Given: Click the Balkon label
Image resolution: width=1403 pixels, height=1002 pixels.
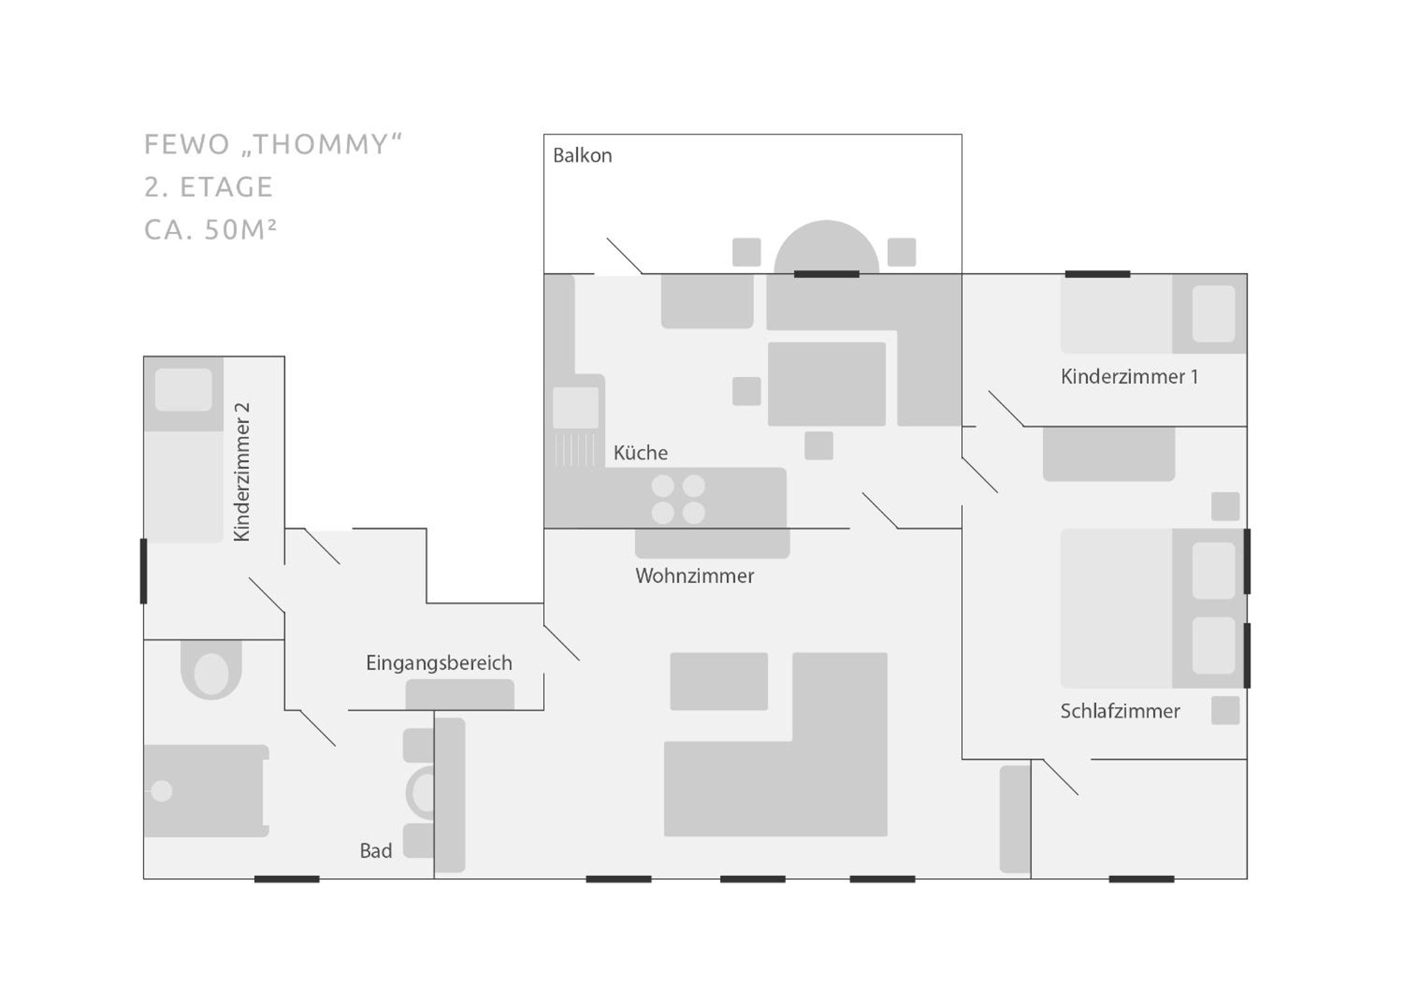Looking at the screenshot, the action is (582, 155).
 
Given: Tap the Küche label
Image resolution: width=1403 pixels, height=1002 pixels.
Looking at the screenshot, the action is (640, 453).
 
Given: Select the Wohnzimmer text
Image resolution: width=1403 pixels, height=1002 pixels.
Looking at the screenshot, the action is (694, 575).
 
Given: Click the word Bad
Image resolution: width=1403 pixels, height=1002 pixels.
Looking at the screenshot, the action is (375, 851).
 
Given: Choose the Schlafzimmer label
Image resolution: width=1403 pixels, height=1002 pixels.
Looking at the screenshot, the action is (1120, 711).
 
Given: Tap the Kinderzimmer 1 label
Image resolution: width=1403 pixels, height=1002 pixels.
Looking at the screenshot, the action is (1129, 376).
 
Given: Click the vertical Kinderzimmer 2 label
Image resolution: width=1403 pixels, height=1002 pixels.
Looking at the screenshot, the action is (242, 472).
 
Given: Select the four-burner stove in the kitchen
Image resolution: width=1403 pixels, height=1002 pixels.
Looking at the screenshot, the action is (678, 499).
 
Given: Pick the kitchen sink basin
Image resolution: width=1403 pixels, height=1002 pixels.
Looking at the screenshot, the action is (575, 408).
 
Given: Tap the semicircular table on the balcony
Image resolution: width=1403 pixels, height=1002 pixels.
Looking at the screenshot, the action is (827, 247).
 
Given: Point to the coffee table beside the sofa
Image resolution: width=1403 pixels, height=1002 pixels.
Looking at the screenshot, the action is (719, 681).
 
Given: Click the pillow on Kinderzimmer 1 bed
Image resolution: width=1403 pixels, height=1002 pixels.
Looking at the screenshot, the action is (1214, 313).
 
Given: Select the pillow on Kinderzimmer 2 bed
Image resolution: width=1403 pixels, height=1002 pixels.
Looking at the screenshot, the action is (183, 390).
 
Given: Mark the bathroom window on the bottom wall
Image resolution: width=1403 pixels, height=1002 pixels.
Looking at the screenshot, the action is (287, 879).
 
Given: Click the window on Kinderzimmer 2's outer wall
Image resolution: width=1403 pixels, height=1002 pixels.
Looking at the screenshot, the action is (144, 571).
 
